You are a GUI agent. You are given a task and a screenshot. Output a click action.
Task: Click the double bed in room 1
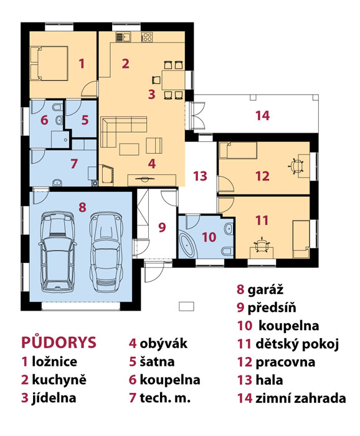pos(49,64)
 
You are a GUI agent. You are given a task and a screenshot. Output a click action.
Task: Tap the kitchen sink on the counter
pos(123,37)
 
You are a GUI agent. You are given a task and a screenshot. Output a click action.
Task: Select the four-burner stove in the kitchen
pos(147,37)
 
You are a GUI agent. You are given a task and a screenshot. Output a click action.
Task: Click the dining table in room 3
pos(174,80)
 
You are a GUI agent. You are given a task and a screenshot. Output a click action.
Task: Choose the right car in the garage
pos(106,252)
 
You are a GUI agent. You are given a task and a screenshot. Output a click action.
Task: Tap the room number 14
pos(262,115)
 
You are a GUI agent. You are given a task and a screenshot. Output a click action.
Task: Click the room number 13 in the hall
pos(200,176)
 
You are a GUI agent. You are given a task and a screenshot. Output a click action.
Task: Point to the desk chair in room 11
pos(262,245)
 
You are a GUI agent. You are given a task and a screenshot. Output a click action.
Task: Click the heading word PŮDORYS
pos(59,343)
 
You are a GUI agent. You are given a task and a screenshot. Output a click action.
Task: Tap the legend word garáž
pos(265,290)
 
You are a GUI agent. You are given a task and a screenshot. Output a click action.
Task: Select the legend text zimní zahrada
pos(300,398)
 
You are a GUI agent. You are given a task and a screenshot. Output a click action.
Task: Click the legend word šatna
pos(157,361)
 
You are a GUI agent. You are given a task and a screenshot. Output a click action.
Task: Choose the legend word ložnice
pos(54,361)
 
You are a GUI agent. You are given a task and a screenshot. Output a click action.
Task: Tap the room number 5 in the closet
pos(85,120)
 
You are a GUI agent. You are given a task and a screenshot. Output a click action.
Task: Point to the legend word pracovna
pos(285,362)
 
